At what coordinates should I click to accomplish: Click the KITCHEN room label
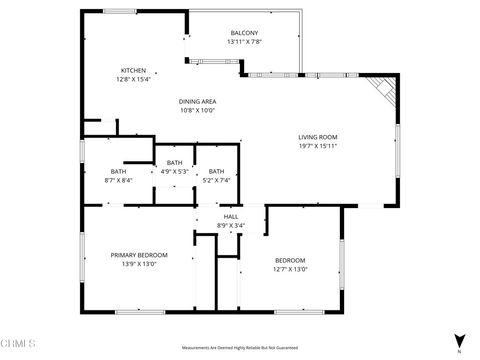click(x=133, y=70)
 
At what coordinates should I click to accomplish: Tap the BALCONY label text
click(x=244, y=33)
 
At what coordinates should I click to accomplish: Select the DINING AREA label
click(x=198, y=101)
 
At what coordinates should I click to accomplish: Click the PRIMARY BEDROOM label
click(x=138, y=256)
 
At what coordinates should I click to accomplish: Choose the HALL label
click(x=231, y=216)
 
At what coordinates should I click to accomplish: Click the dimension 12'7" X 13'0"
click(x=290, y=269)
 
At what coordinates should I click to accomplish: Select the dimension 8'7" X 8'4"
click(x=119, y=180)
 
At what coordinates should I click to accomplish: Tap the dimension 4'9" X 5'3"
click(x=175, y=171)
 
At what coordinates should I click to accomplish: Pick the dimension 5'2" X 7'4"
click(x=217, y=180)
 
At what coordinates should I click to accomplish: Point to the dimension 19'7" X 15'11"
click(x=317, y=145)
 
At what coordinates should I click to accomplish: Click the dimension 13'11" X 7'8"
click(x=244, y=42)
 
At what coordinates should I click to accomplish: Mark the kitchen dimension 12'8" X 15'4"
click(x=133, y=79)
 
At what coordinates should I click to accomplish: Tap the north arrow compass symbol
click(x=458, y=342)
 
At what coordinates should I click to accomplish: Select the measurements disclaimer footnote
click(x=239, y=342)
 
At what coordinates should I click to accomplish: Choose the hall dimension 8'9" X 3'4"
click(x=231, y=225)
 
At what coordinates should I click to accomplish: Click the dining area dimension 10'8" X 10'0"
click(x=198, y=110)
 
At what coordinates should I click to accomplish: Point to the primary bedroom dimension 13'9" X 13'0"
click(x=138, y=265)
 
